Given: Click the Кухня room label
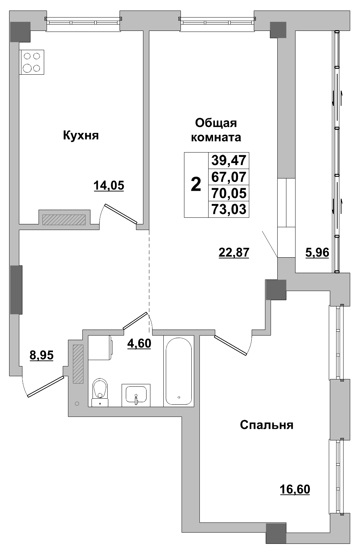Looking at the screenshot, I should tap(81, 135).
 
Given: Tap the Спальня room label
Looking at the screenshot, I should tap(266, 425).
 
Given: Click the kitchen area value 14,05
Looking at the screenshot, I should tap(109, 185).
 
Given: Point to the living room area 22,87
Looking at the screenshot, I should tap(233, 252).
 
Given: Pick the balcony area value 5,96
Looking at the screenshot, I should tap(317, 252).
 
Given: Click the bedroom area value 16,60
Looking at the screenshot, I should tap(295, 488).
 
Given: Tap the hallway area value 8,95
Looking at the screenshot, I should tap(41, 355).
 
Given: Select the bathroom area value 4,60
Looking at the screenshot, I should tap(139, 343).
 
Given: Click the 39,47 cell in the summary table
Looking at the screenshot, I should tap(229, 161).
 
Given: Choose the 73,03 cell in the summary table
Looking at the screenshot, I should tap(229, 209).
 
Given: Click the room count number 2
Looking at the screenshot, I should tap(196, 184).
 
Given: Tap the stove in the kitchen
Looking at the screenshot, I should tap(32, 62).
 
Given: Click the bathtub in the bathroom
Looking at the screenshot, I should tap(178, 371).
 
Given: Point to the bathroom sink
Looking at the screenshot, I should tap(136, 395).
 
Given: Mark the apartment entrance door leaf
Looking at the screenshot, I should tap(46, 386).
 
